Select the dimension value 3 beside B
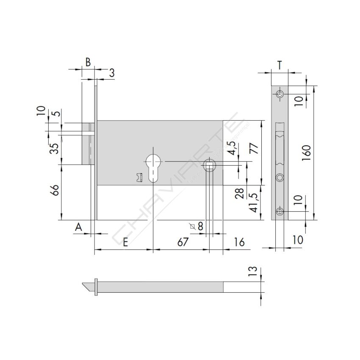[x=111, y=72]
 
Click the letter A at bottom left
[x=78, y=228]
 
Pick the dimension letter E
[x=125, y=242]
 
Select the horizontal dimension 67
[x=183, y=242]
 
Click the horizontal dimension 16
[x=239, y=242]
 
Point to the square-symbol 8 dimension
[x=197, y=227]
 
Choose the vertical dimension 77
[x=253, y=149]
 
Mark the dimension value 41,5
[x=253, y=203]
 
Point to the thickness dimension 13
[x=253, y=272]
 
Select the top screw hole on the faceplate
[x=280, y=94]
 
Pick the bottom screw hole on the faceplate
[x=280, y=211]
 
